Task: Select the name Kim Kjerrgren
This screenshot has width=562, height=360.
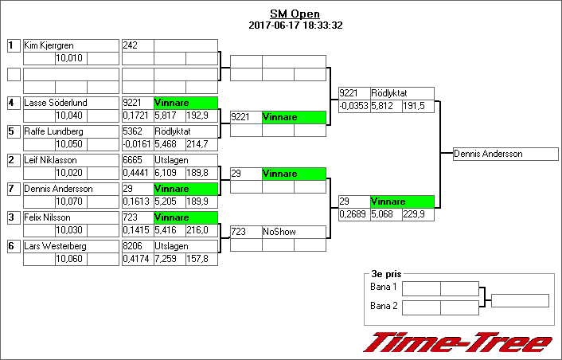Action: point(48,45)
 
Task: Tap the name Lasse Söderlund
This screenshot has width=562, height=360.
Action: point(56,103)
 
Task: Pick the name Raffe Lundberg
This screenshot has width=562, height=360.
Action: point(53,131)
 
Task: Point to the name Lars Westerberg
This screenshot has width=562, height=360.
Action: point(55,246)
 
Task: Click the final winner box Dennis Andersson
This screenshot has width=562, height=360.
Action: point(488,154)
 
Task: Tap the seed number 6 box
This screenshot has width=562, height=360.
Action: point(13,246)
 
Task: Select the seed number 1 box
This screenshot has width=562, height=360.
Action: point(13,45)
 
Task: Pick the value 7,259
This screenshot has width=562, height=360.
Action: point(165,259)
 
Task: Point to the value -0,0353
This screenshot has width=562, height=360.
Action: point(353,106)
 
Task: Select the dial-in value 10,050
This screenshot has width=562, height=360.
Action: point(69,144)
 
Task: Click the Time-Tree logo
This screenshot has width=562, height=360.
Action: point(457,342)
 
